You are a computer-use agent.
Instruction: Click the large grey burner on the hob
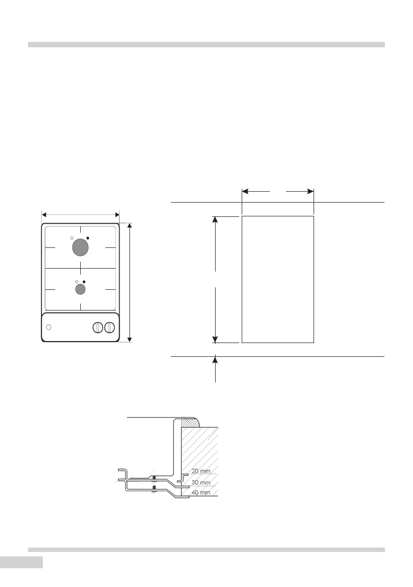pos(80,247)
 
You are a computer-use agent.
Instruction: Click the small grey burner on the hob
pos(80,289)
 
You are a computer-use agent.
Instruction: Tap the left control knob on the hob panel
pos(97,327)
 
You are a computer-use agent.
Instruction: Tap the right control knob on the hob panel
pos(109,327)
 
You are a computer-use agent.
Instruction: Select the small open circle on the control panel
pos(49,327)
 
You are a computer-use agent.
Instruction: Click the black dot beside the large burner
pos(88,238)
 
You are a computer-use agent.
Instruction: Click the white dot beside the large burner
pos(72,238)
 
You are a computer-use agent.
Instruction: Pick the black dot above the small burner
pos(84,281)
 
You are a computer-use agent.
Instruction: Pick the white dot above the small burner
pos(77,281)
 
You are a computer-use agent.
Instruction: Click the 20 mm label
pos(201,471)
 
